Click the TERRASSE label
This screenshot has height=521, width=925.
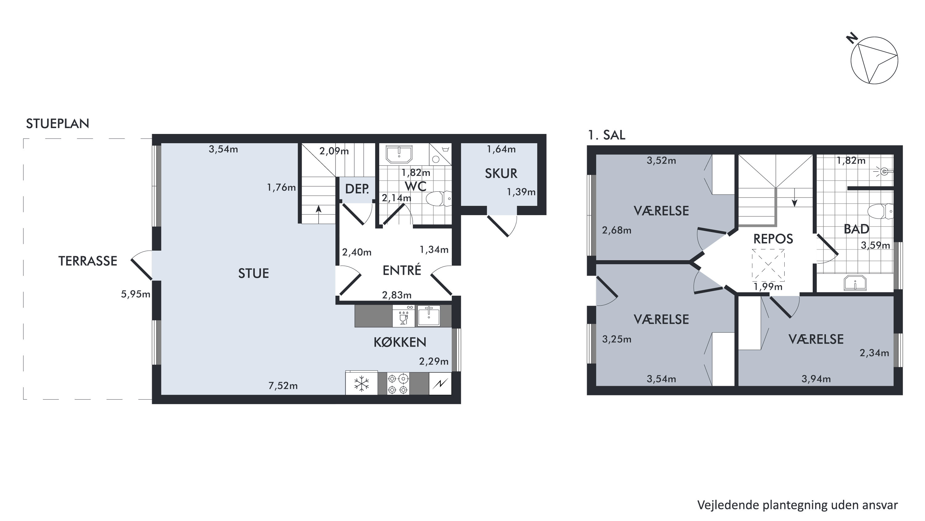pyautogui.click(x=88, y=261)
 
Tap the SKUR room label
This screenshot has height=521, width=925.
pyautogui.click(x=501, y=173)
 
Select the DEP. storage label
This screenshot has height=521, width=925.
pyautogui.click(x=357, y=189)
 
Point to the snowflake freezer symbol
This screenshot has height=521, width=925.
pyautogui.click(x=361, y=384)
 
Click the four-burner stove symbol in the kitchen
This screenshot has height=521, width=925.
pyautogui.click(x=398, y=384)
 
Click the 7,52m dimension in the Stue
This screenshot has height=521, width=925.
pyautogui.click(x=283, y=386)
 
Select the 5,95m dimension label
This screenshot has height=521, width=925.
pyautogui.click(x=135, y=294)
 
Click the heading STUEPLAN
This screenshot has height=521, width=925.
pyautogui.click(x=57, y=123)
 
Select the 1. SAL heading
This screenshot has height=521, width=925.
pyautogui.click(x=606, y=135)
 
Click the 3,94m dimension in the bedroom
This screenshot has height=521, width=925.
pyautogui.click(x=816, y=379)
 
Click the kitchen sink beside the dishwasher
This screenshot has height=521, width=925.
pyautogui.click(x=429, y=316)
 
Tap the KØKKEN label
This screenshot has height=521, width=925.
pyautogui.click(x=400, y=342)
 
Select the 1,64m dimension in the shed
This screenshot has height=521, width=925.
pyautogui.click(x=501, y=149)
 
